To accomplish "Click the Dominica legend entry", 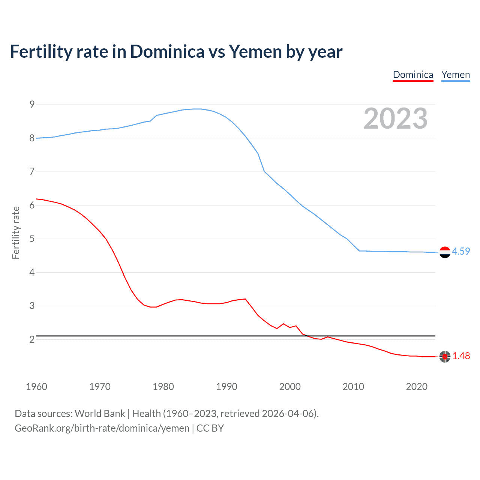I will [x=413, y=75].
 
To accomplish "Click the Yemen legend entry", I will [x=455, y=75].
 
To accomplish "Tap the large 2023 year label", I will [x=395, y=118].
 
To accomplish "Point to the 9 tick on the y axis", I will [x=32, y=105].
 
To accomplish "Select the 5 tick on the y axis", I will [x=32, y=239].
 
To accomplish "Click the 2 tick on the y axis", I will [x=32, y=339].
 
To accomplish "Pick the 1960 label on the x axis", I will [x=36, y=387].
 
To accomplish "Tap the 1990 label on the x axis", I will [x=226, y=387].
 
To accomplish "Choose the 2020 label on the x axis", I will [x=417, y=387].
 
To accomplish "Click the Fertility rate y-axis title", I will [x=16, y=232].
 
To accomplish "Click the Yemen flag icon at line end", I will [x=445, y=252].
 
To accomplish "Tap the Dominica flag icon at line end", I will [x=445, y=357].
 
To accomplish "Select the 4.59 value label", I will [x=461, y=252].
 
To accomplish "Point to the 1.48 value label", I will [x=461, y=356].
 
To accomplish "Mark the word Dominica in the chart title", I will [x=167, y=52].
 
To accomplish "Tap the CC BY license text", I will [x=210, y=428].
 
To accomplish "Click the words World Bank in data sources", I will [x=100, y=414].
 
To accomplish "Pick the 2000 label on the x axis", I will [x=290, y=387].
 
